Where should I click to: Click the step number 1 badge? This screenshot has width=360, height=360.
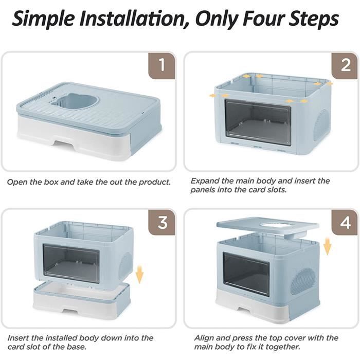[162, 65]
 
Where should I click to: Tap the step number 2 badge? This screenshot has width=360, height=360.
[345, 65]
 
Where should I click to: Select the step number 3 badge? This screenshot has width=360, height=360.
[162, 222]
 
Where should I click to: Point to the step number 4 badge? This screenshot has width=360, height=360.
[345, 222]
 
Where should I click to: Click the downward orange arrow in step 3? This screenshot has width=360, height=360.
[139, 274]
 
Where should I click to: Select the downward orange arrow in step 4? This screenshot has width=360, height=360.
[328, 246]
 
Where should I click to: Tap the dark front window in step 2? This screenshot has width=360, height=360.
[258, 122]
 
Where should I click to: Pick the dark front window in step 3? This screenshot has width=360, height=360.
[71, 263]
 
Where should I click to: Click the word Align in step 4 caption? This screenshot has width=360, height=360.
[204, 338]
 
